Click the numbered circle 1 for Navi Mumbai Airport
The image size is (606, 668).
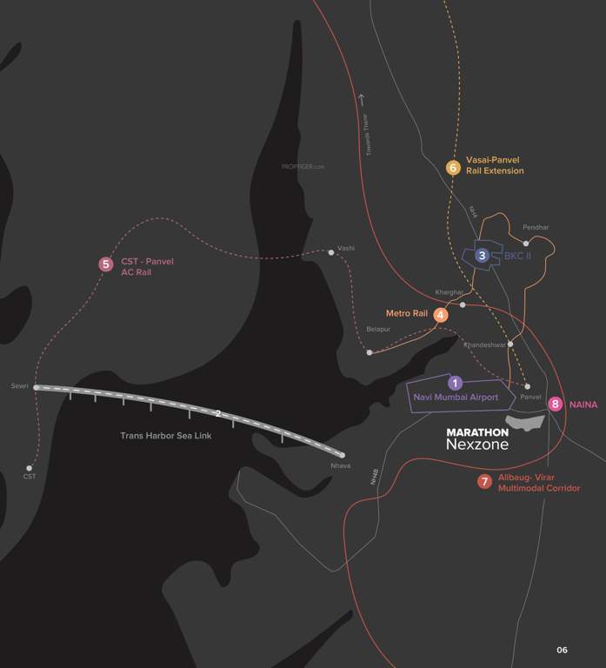pyautogui.click(x=453, y=383)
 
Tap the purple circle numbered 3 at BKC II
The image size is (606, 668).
pyautogui.click(x=482, y=256)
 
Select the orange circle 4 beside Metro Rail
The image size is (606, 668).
pyautogui.click(x=442, y=315)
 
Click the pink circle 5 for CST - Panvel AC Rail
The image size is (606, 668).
pyautogui.click(x=106, y=264)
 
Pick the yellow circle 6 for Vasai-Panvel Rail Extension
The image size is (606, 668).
pyautogui.click(x=452, y=167)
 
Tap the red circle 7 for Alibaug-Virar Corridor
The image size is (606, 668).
pyautogui.click(x=484, y=482)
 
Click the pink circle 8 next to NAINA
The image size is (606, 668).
pyautogui.click(x=556, y=404)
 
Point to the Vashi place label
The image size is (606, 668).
pyautogui.click(x=346, y=247)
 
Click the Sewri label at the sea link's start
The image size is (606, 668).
pyautogui.click(x=20, y=385)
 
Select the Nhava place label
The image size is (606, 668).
pyautogui.click(x=341, y=466)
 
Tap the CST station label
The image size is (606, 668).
pyautogui.click(x=30, y=477)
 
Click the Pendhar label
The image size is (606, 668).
pyautogui.click(x=536, y=228)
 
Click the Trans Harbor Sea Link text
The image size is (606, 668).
pyautogui.click(x=166, y=436)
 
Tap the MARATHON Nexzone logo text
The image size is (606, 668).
pyautogui.click(x=477, y=438)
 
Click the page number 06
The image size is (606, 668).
pyautogui.click(x=562, y=650)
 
